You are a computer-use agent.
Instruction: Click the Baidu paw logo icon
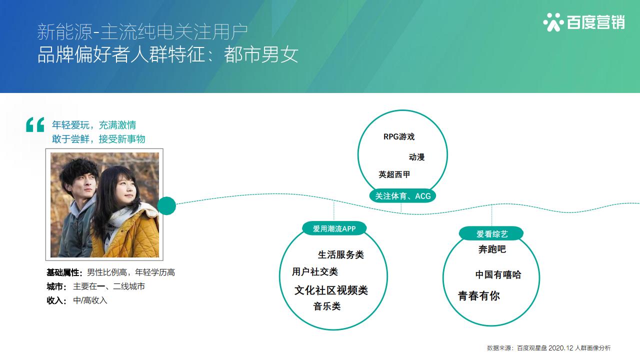[x=553, y=22]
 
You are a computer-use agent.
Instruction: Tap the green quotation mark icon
[x=35, y=124]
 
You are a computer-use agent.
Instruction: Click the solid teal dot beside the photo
[x=166, y=205]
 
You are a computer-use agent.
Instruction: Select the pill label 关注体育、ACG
[x=402, y=196]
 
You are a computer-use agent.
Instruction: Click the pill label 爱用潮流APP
[x=334, y=228]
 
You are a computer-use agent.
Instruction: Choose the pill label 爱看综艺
[x=491, y=234]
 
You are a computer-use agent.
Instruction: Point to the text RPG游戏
[x=399, y=137]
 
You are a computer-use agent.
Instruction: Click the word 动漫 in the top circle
[x=416, y=157]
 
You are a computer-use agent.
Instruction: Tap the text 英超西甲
[x=394, y=174]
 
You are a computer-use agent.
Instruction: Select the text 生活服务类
[x=341, y=254]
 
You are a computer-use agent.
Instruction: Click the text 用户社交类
[x=315, y=271]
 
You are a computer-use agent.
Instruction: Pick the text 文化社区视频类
[x=331, y=290]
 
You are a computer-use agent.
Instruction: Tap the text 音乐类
[x=327, y=306]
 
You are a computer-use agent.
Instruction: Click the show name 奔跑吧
[x=492, y=249]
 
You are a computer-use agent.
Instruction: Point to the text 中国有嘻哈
[x=498, y=274]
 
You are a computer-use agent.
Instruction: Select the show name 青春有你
[x=479, y=296]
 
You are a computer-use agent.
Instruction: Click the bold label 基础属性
[x=63, y=272]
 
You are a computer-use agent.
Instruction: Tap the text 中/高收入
[x=90, y=300]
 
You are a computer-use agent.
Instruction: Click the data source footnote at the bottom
[x=548, y=348]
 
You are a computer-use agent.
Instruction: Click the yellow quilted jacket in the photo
[x=128, y=234]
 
